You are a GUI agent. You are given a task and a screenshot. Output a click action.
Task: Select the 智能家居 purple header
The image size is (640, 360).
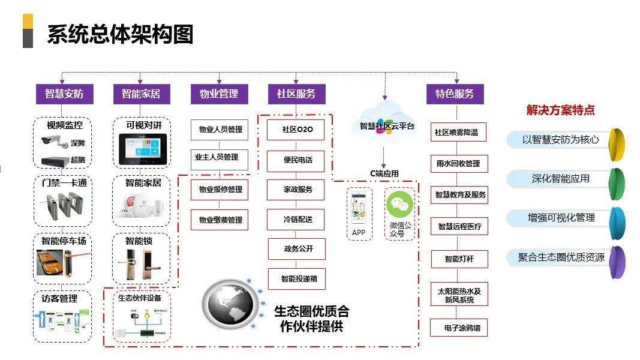141,94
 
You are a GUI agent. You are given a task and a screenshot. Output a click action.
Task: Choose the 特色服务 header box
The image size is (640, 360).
455,94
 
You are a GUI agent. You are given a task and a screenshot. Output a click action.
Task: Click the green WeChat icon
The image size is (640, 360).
399,206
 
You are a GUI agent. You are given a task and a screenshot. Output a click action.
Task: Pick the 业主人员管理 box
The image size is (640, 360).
216,158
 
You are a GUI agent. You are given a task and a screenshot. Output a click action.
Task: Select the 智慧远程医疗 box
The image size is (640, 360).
459,227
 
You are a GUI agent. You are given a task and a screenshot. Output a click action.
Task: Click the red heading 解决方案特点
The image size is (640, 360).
560,110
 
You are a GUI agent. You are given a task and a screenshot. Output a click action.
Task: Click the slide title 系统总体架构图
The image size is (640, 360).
120,34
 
